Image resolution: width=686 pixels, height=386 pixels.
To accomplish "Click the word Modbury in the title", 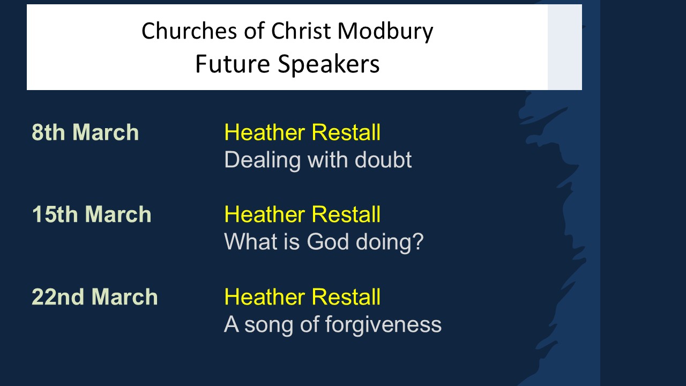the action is click(385, 32).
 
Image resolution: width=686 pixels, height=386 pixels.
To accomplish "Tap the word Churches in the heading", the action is click(189, 31).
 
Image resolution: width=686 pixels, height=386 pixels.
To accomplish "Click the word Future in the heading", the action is click(233, 64).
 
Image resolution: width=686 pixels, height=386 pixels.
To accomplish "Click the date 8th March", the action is click(85, 132).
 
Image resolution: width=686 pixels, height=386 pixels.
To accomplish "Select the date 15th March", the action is click(92, 214).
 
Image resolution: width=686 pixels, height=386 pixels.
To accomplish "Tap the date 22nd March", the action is click(95, 296).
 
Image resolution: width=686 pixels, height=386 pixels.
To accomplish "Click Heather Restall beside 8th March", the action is click(302, 132).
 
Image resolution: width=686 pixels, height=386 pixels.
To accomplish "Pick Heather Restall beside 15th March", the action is click(302, 214).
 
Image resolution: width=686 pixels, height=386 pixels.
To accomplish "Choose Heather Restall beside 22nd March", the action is click(302, 296).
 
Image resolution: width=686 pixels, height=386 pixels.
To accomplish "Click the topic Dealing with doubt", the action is click(318, 160).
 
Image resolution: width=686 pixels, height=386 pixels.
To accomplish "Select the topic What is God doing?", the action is click(324, 242).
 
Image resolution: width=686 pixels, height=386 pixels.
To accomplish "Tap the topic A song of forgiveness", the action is click(333, 325).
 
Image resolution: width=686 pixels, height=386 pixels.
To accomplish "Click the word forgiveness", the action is click(383, 325).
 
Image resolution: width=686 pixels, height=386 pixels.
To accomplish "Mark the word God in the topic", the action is click(327, 241).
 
